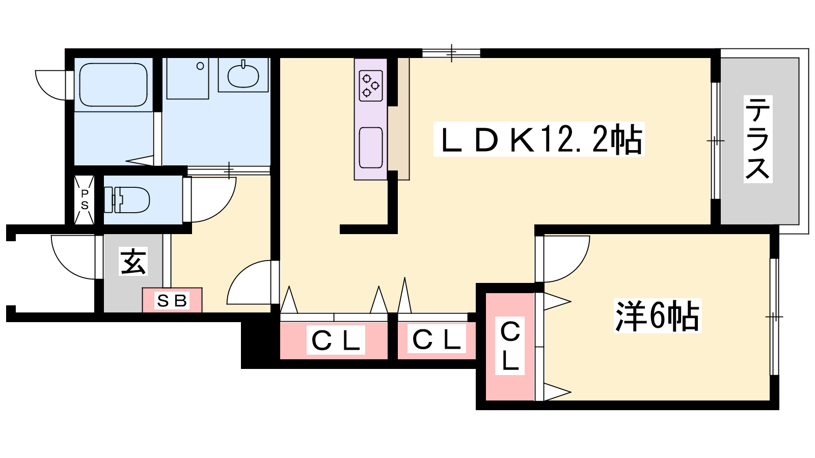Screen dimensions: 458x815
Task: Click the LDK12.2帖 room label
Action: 539,139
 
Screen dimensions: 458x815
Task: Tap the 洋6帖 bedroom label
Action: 657,316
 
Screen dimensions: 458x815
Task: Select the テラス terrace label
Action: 757,138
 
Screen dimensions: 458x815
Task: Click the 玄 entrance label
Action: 133,262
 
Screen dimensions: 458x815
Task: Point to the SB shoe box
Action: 172,300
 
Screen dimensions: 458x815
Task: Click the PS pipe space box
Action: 85,199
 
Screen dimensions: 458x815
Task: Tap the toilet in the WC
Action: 127,199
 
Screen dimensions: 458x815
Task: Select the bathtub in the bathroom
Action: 113,84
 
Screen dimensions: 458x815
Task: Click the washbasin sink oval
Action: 243,75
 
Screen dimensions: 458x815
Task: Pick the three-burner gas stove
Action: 370,85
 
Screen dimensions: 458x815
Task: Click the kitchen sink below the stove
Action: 370,148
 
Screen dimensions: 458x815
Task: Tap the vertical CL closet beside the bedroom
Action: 509,346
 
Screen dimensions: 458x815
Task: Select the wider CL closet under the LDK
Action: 334,340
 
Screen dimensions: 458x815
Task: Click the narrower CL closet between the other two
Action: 437,339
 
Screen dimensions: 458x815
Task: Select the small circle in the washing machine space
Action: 200,66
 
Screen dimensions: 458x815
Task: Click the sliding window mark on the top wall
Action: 451,52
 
